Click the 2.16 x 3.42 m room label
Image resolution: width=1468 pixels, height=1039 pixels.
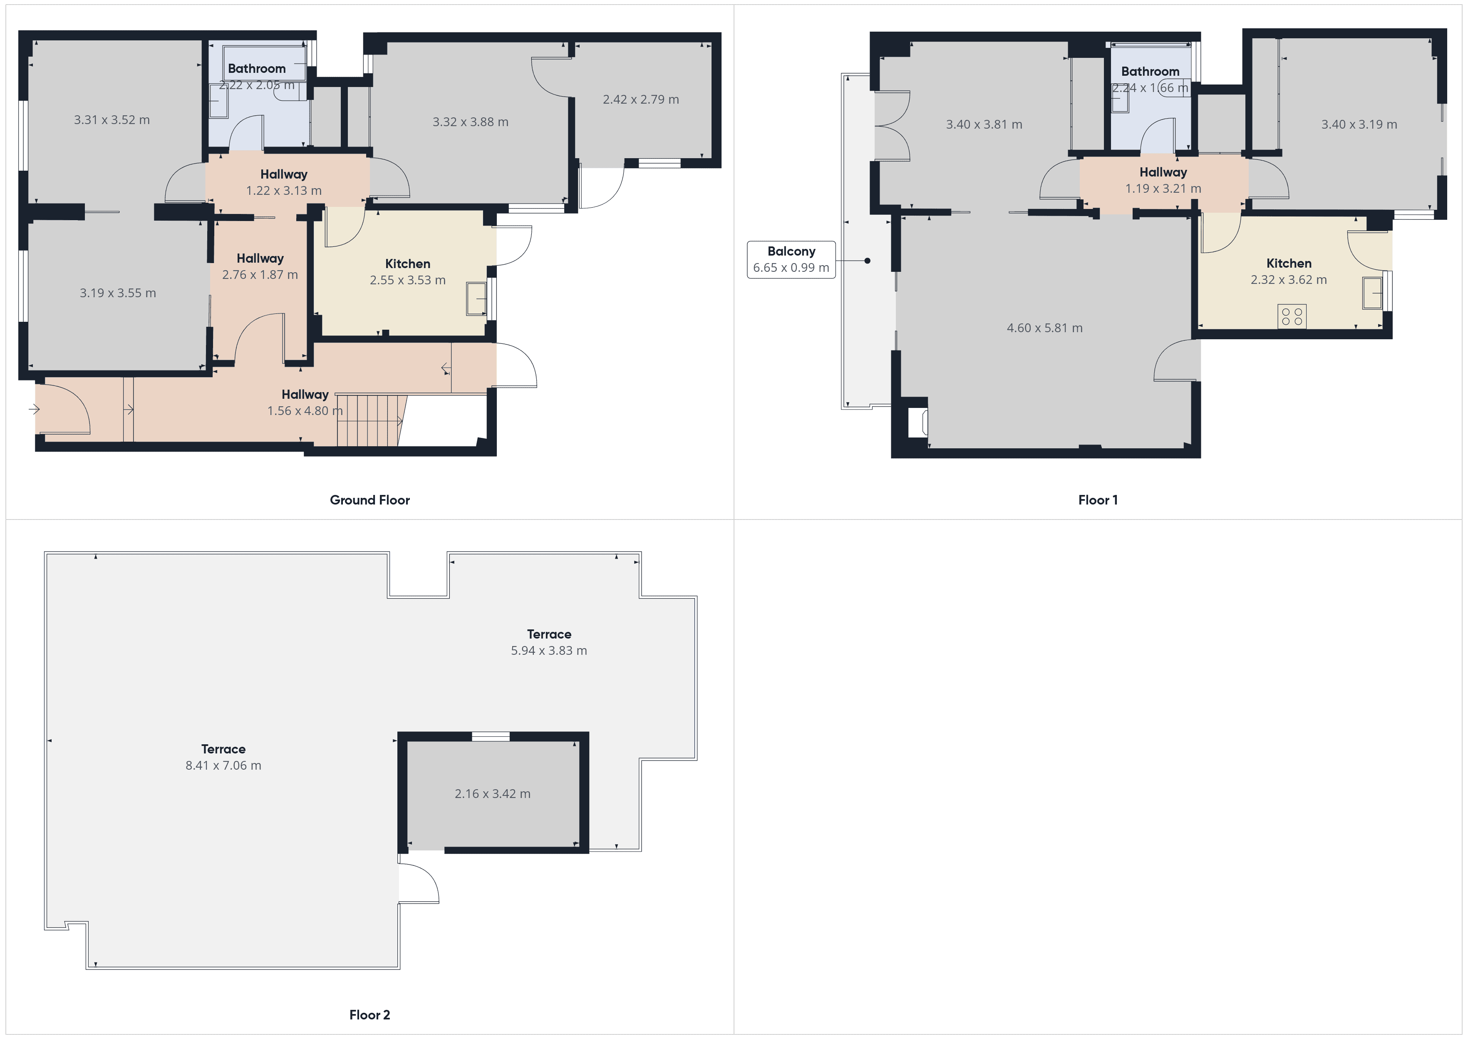492,794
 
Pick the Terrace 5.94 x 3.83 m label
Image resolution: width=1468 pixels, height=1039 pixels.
548,642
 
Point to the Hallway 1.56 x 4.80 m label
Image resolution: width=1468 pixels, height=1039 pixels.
305,403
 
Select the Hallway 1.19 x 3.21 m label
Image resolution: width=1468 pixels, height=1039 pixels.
1163,180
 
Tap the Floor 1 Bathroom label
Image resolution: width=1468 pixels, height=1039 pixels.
1150,72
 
